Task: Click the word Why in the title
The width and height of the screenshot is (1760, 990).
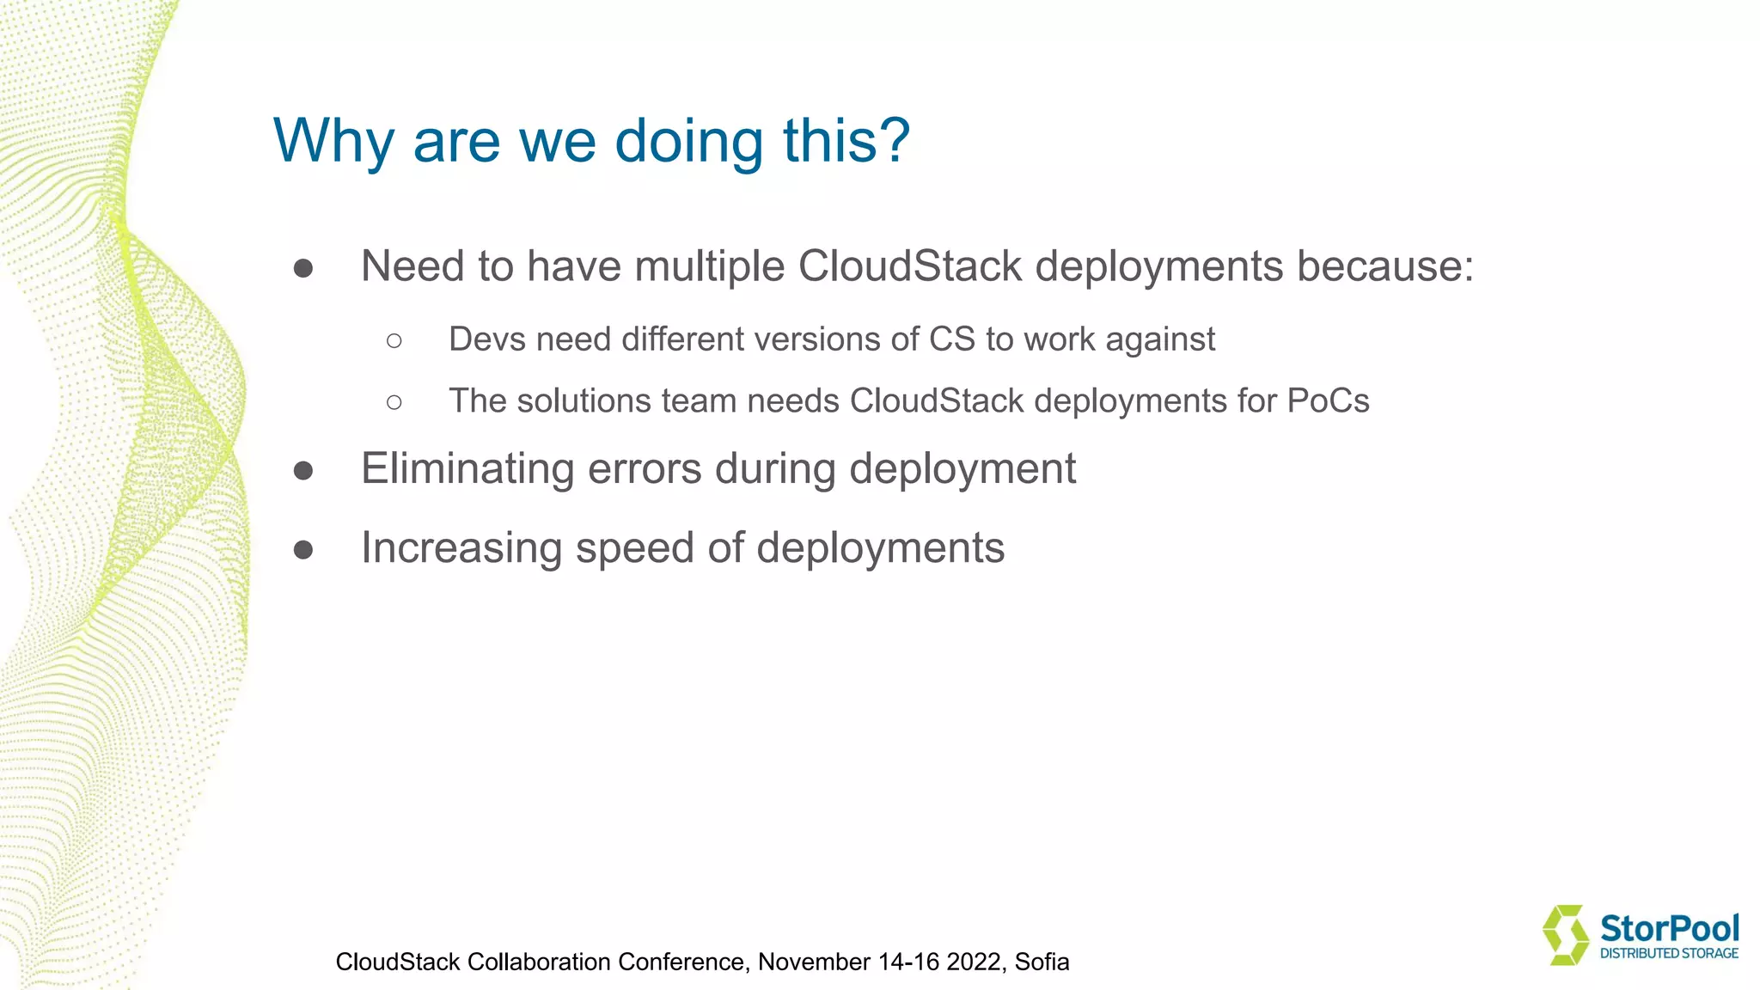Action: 333,141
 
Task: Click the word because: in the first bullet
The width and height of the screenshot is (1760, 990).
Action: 1385,266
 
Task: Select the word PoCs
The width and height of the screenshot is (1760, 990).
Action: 1328,401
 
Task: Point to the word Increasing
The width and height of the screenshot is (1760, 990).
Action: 461,548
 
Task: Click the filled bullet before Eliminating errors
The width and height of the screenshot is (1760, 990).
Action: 303,471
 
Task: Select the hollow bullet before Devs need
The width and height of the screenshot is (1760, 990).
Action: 394,341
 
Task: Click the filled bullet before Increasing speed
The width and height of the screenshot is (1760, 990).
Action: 303,550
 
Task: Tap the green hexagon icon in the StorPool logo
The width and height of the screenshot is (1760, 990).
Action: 1566,934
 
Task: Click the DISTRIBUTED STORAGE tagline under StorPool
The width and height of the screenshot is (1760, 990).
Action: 1669,953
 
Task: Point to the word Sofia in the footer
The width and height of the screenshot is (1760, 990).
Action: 1042,962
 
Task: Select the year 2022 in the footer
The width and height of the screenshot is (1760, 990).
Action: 975,962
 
